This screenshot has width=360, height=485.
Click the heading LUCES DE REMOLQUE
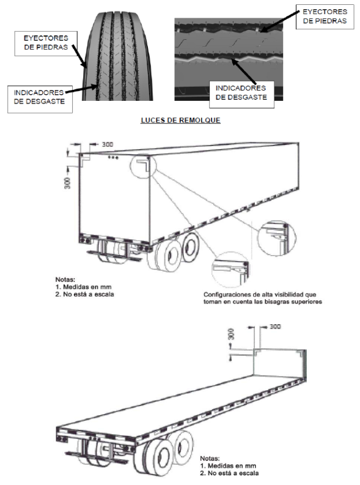(x=180, y=120)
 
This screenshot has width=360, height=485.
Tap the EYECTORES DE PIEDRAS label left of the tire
(x=46, y=43)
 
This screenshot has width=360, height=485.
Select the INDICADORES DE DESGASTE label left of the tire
(x=40, y=97)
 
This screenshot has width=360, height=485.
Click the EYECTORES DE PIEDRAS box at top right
(x=325, y=17)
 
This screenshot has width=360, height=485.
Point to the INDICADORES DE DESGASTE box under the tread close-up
(x=241, y=93)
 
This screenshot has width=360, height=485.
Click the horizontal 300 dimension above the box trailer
(x=108, y=144)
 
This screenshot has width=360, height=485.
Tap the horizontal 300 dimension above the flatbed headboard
(x=275, y=327)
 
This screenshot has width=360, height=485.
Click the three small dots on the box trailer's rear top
(x=113, y=158)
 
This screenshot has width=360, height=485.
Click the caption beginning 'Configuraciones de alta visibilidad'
(x=263, y=298)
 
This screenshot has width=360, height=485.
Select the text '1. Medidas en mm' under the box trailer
(x=84, y=287)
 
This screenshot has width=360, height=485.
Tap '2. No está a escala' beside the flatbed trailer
(x=229, y=473)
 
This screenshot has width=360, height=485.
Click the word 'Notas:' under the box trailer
(x=65, y=280)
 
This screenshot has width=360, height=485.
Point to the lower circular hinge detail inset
(x=230, y=270)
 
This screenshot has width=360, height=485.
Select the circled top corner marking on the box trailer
(x=143, y=166)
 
